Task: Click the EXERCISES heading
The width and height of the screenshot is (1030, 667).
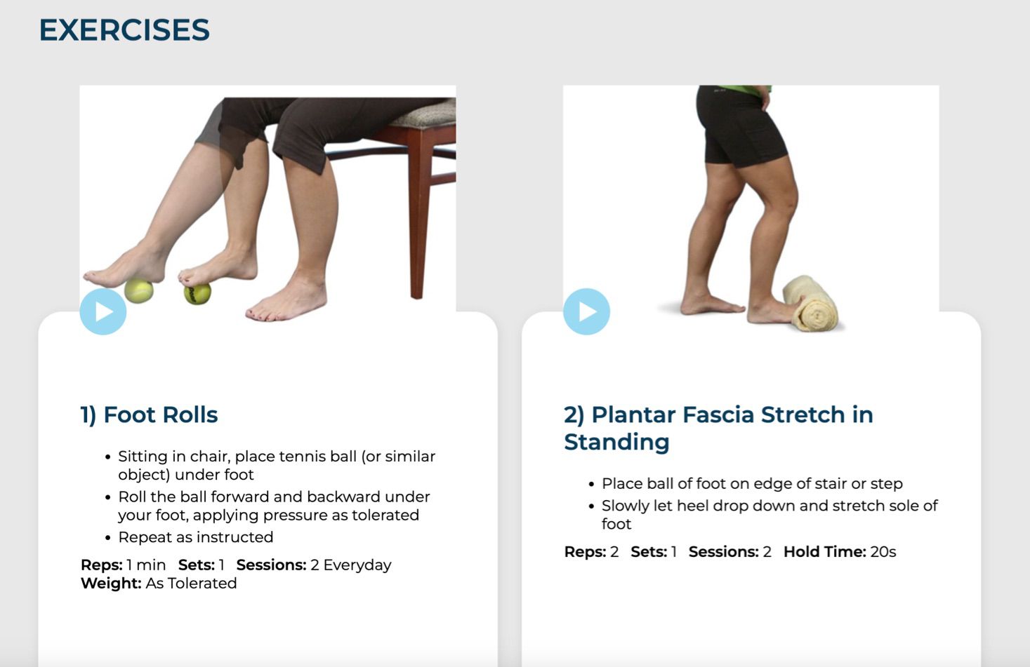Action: pyautogui.click(x=124, y=30)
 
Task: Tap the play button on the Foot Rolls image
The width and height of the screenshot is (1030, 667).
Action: pyautogui.click(x=103, y=311)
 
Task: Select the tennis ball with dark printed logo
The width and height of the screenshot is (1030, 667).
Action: pyautogui.click(x=197, y=294)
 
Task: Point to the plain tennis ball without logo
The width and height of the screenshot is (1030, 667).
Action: pyautogui.click(x=139, y=291)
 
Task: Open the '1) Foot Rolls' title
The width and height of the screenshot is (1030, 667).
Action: pyautogui.click(x=149, y=415)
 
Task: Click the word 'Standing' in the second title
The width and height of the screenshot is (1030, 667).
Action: pyautogui.click(x=616, y=442)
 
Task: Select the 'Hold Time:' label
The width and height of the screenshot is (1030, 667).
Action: pyautogui.click(x=825, y=551)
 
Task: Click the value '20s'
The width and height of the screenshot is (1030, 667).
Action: pyautogui.click(x=883, y=551)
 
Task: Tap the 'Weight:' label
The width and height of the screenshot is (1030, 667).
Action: pyautogui.click(x=111, y=583)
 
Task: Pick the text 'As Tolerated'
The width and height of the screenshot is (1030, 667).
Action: pyautogui.click(x=191, y=583)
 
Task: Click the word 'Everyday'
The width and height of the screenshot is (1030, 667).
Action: pyautogui.click(x=357, y=565)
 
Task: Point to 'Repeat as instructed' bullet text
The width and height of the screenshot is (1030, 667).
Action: pyautogui.click(x=195, y=537)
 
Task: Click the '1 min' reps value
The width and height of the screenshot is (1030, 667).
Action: pyautogui.click(x=146, y=565)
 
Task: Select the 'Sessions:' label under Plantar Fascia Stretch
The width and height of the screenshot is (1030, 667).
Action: pyautogui.click(x=723, y=551)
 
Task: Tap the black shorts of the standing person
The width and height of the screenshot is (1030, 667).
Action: pyautogui.click(x=741, y=126)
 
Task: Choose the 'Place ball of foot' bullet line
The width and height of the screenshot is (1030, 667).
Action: pyautogui.click(x=752, y=483)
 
